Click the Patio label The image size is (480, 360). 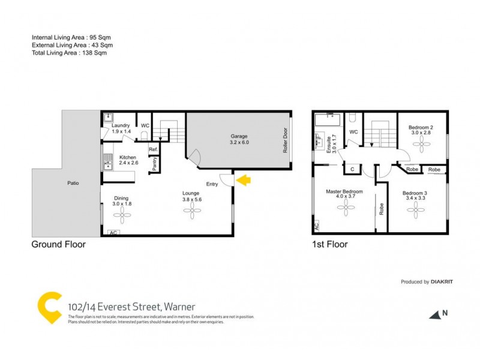coord(73,183)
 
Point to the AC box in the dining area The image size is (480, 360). coord(113,233)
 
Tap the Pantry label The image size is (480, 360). coord(154,164)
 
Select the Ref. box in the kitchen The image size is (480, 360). coord(153,149)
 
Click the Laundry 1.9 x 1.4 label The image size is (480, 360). coord(120,128)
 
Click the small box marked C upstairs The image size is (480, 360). coord(352,170)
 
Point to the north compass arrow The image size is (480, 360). coord(434,314)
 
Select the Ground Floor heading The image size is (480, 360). coord(59,245)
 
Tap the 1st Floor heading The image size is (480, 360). coord(329,245)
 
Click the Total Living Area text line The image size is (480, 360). coord(70,53)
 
